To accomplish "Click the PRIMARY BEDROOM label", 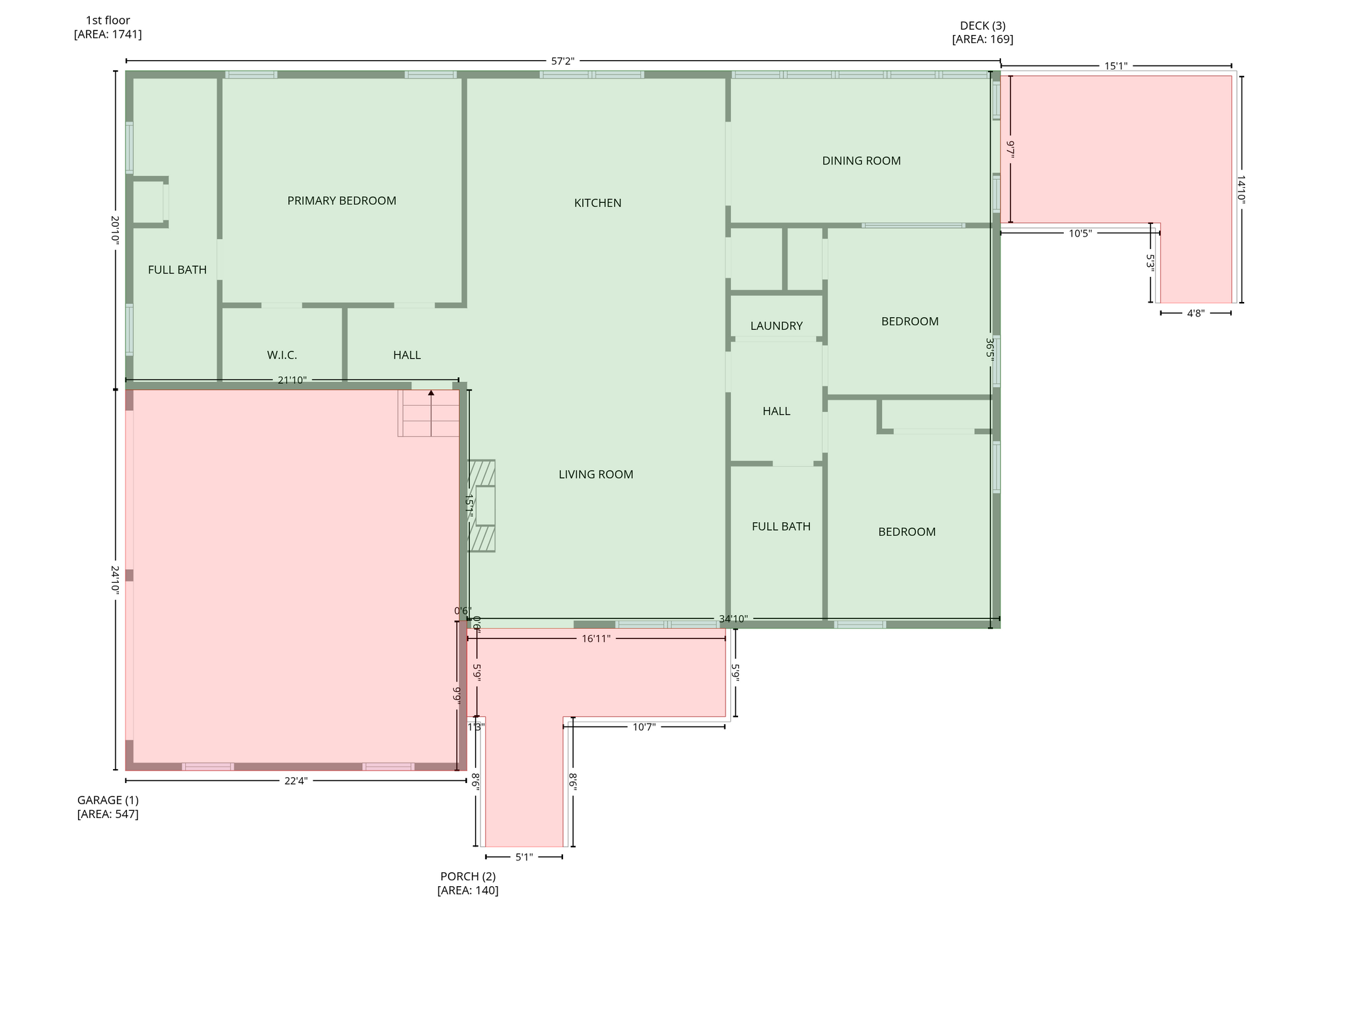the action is point(342,201).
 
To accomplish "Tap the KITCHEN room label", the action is point(597,203).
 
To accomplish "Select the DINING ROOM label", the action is point(861,161).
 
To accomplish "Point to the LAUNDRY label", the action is point(776,326).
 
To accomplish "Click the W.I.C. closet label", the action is point(282,355).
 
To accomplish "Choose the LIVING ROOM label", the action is point(596,474).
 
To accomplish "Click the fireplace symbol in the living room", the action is point(482,506).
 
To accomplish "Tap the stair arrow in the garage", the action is point(431,413).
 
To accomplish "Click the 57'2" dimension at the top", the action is point(563,61).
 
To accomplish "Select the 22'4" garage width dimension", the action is point(296,780).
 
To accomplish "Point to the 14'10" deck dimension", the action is point(1241,190).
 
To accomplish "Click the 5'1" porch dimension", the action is point(524,857).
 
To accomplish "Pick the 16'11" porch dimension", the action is point(596,639).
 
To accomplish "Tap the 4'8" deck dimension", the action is point(1195,313).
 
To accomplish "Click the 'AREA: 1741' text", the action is point(108,34).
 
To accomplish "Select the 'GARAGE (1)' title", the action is point(108,800).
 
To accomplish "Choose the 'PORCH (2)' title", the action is point(468,876).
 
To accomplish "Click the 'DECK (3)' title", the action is point(983,26).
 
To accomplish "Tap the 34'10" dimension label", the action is point(733,619).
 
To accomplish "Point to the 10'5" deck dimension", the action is point(1080,233).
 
